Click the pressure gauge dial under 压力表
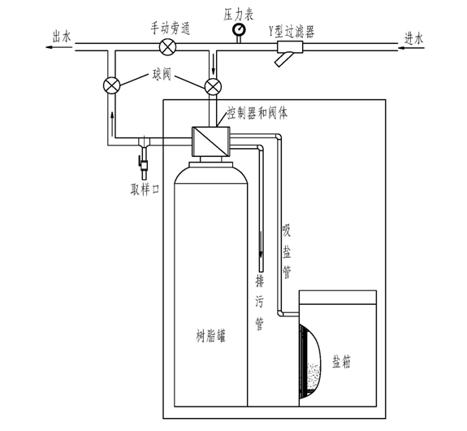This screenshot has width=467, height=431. (239, 29)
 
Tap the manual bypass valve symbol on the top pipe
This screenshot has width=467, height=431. (167, 47)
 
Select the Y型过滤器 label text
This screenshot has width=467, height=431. (292, 31)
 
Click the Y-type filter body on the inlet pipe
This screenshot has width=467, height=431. (290, 48)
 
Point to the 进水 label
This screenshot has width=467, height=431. (413, 38)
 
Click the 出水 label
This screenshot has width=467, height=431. (62, 37)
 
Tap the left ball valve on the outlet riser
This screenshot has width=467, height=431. (111, 85)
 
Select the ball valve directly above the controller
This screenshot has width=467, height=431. (213, 86)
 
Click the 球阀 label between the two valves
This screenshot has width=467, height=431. (162, 75)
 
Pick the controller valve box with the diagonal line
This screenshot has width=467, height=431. (211, 141)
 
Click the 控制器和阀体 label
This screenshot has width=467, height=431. (257, 113)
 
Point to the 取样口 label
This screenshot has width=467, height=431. (145, 189)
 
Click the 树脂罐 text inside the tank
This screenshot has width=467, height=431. (210, 336)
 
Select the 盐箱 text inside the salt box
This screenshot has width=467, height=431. (341, 362)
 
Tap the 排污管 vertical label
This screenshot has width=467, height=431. (260, 303)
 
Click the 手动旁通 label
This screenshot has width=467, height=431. (170, 28)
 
